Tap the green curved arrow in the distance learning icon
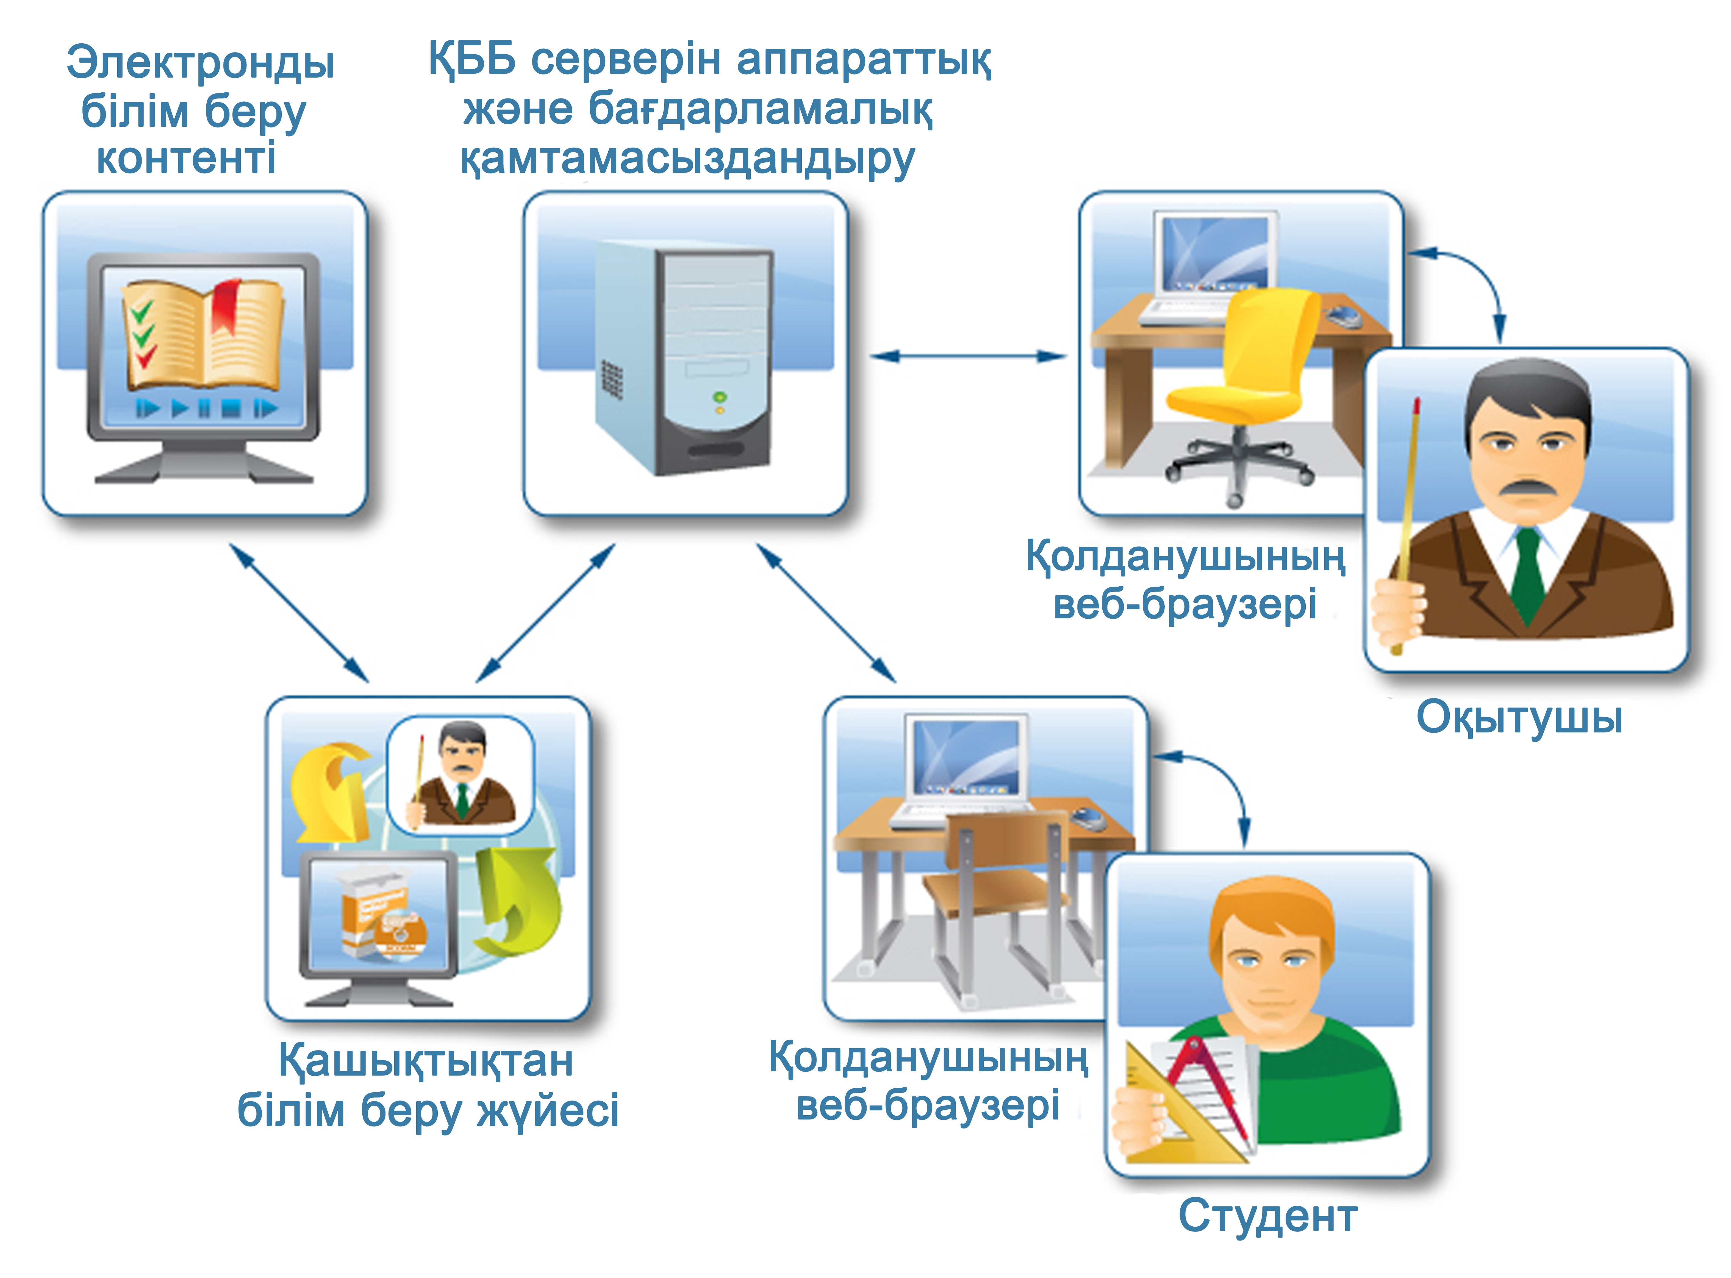point(517,901)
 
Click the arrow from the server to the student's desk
point(825,613)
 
